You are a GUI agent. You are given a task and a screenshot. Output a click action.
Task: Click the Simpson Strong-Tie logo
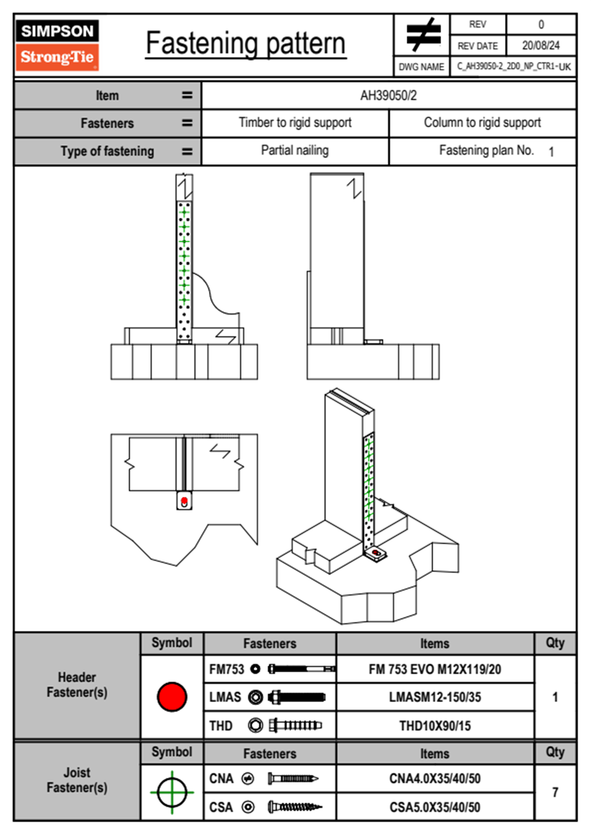(x=57, y=45)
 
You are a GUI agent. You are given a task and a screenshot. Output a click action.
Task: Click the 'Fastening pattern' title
(x=246, y=44)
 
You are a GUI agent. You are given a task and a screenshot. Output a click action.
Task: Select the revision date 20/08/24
(x=540, y=46)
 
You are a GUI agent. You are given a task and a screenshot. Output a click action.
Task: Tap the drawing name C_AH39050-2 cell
(x=513, y=67)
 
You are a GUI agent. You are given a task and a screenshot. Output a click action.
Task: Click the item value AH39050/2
(x=388, y=95)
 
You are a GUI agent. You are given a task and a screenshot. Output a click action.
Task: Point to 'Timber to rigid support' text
(x=295, y=123)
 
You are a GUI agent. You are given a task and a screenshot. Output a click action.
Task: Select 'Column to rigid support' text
(x=482, y=123)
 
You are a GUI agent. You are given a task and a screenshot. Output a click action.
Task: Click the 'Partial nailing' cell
(x=295, y=150)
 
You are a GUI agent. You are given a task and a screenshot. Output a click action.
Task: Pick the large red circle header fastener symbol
(x=172, y=696)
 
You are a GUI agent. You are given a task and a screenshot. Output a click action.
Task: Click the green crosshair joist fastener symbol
(x=172, y=792)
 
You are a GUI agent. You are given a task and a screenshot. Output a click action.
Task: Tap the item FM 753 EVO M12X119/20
(x=435, y=669)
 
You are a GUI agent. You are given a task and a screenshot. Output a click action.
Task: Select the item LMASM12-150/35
(x=435, y=697)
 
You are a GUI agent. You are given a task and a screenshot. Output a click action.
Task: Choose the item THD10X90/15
(x=435, y=726)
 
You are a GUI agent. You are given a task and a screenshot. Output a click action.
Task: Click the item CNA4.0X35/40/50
(x=435, y=778)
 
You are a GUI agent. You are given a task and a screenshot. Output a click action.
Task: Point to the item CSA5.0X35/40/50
(x=435, y=807)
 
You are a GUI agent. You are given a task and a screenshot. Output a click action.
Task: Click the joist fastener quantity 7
(x=555, y=792)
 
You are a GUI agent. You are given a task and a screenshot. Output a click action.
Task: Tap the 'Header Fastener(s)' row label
(x=77, y=685)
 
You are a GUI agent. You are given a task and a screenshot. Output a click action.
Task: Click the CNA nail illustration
(x=293, y=778)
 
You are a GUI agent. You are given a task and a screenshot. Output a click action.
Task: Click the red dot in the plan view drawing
(x=184, y=500)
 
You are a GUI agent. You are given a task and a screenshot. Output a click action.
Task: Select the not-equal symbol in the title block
(x=422, y=35)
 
